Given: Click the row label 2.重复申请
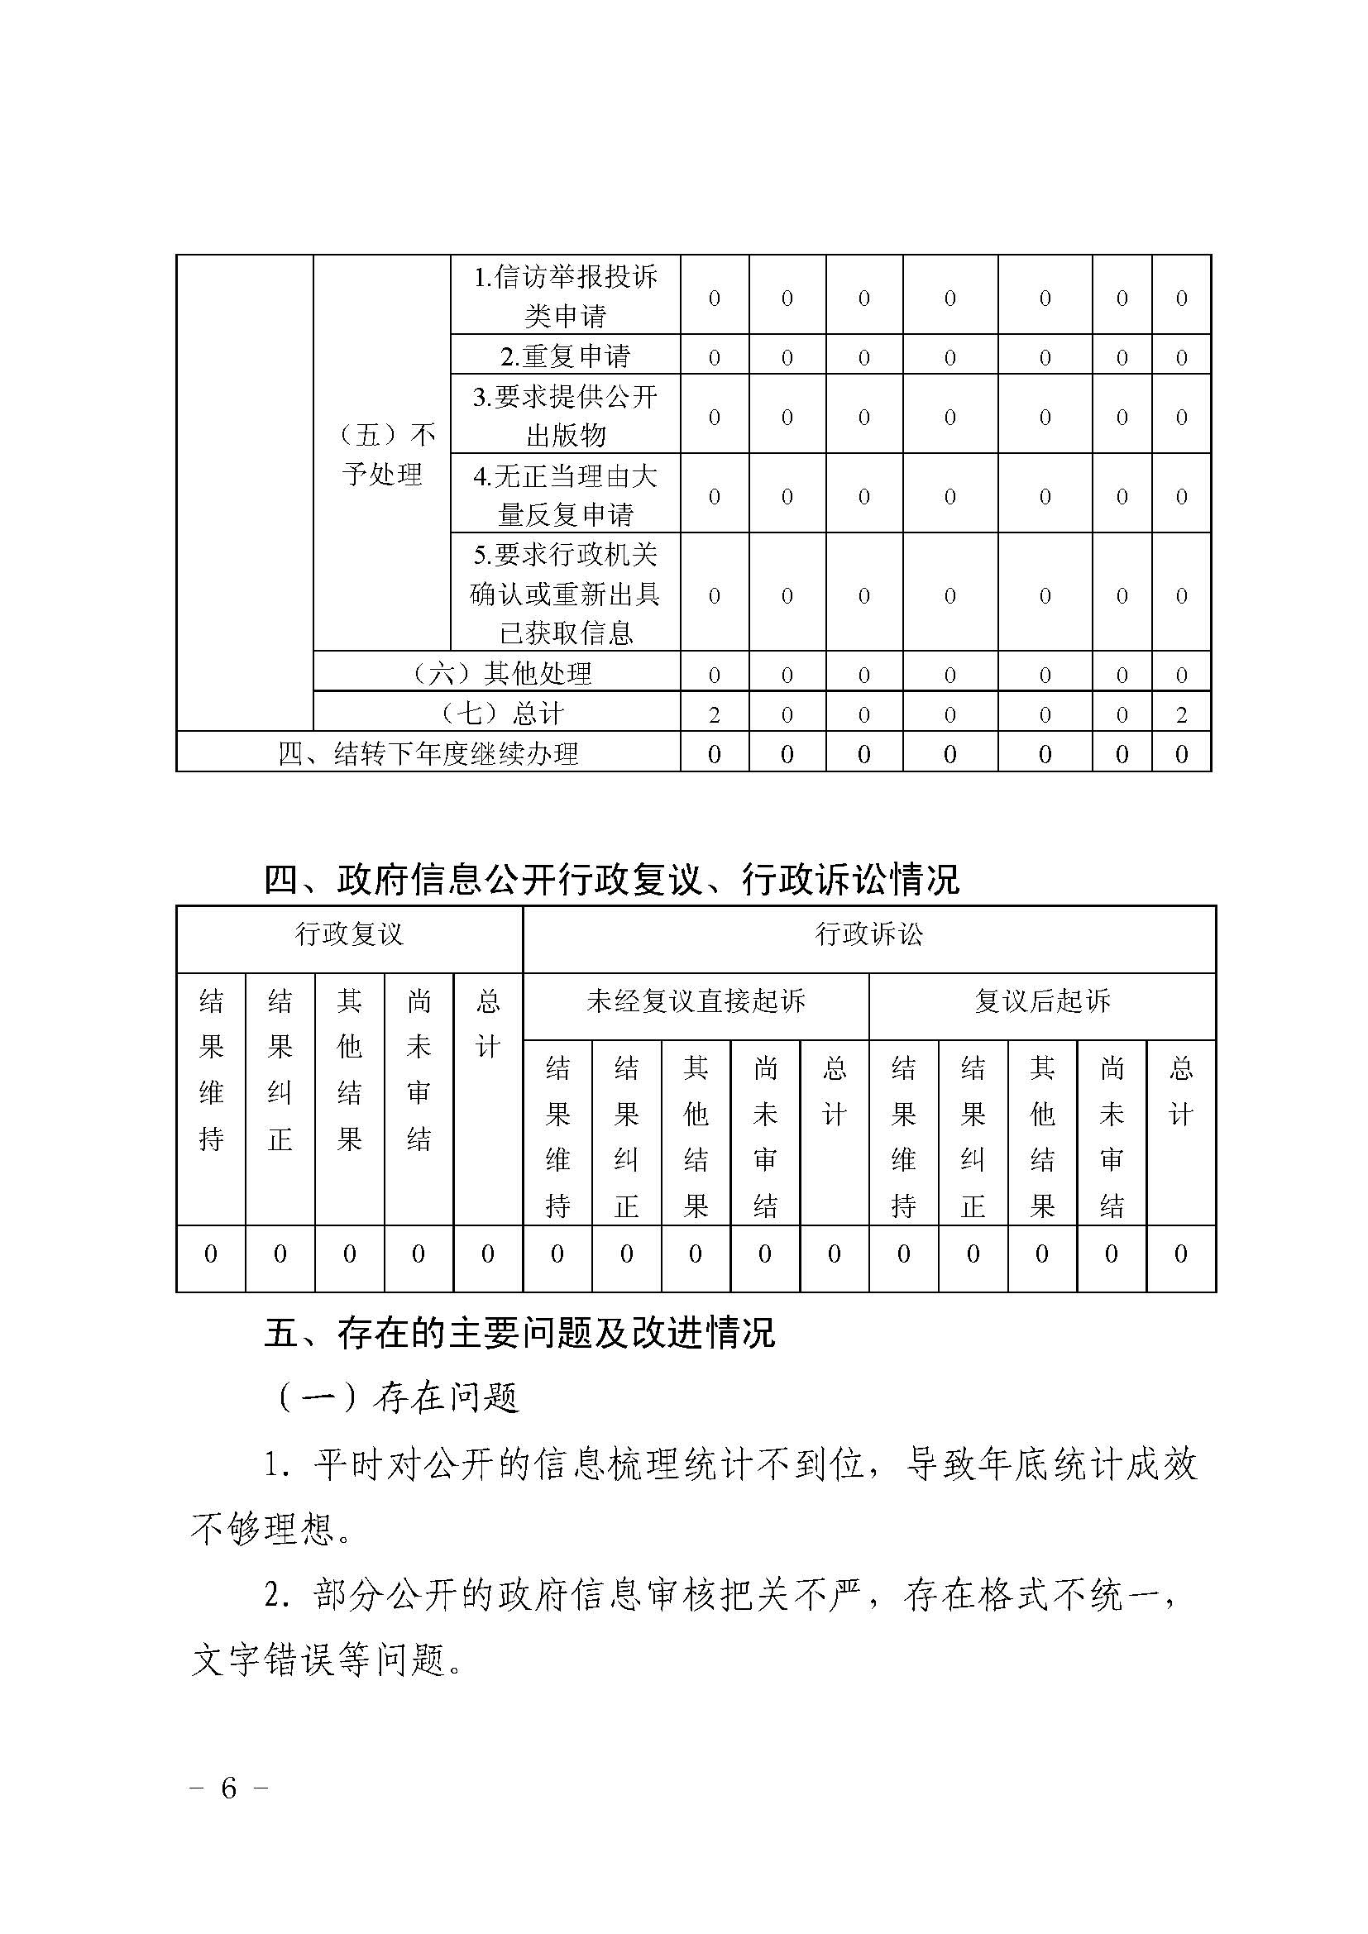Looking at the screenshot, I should pos(565,356).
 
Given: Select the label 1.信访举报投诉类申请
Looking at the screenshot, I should pos(565,296).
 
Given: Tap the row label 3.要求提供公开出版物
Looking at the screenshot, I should pos(565,415).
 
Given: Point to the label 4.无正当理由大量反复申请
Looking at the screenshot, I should pos(565,494).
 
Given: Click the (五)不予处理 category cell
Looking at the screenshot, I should pos(382,454).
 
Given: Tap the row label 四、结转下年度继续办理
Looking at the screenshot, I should pos(428,753).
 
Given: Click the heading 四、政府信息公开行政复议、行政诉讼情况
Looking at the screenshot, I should pos(611,881).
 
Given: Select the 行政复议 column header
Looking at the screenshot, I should pos(349,934).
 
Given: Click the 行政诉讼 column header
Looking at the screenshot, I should pos(869,934).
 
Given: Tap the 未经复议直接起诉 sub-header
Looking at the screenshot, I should pos(696,1001).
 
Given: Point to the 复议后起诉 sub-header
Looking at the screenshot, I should pos(1042,1001).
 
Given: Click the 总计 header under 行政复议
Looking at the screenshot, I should pos(488,1024).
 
